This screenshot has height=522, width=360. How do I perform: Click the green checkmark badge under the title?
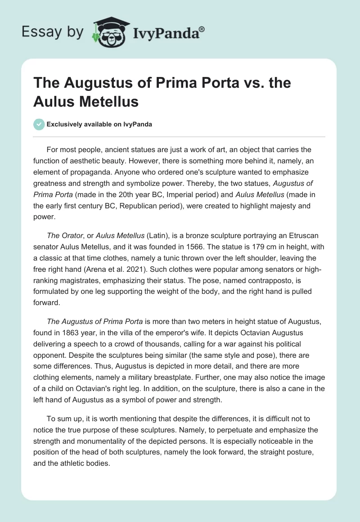pyautogui.click(x=39, y=124)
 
